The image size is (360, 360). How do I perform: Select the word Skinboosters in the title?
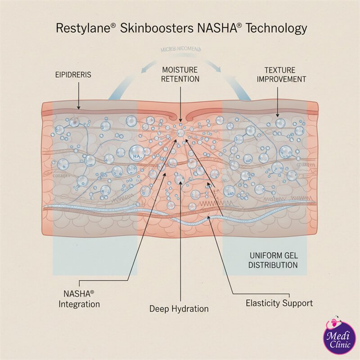[156, 28]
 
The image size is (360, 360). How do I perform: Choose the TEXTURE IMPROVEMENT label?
[279, 75]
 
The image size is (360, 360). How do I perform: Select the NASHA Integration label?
[79, 298]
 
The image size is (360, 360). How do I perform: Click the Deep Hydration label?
[179, 309]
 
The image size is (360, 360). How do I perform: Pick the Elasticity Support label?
[279, 303]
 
